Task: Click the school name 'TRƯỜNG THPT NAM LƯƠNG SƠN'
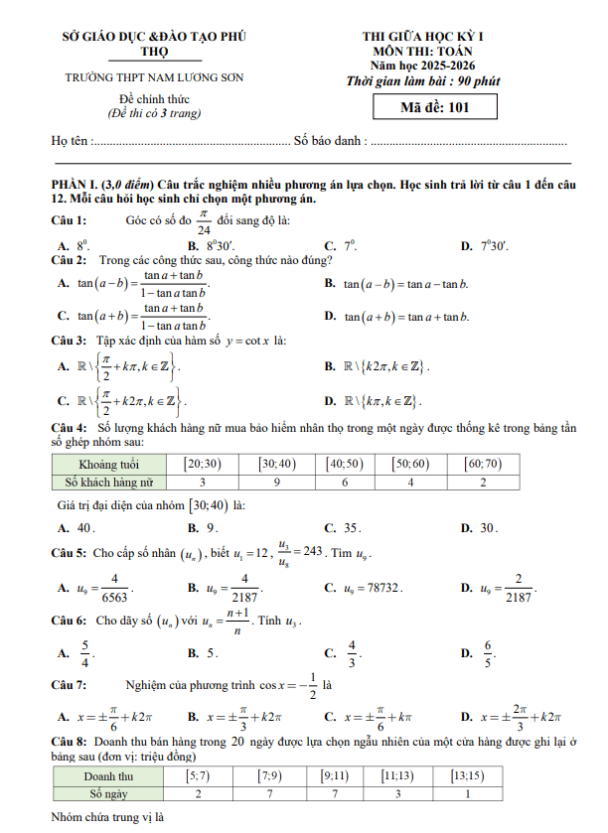click(x=154, y=76)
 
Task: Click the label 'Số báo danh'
click(x=331, y=141)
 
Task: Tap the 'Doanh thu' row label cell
click(x=108, y=775)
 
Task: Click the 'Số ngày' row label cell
click(x=108, y=793)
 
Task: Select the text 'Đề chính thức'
click(x=154, y=100)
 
